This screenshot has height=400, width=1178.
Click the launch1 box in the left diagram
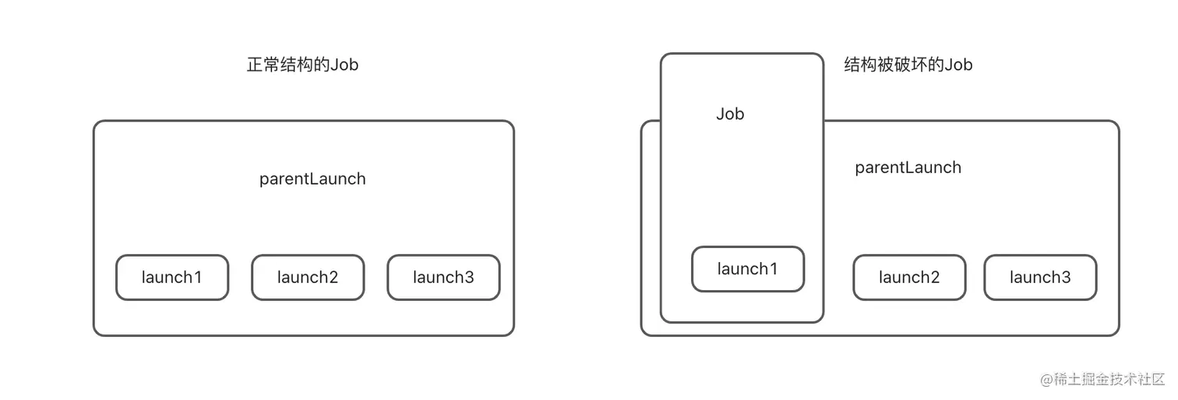point(172,277)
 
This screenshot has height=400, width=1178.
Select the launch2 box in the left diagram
point(308,277)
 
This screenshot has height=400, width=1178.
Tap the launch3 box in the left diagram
point(443,277)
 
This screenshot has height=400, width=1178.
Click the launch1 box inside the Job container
point(748,269)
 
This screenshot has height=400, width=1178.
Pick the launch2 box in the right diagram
point(909,277)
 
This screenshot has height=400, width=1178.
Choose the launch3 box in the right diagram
point(1040,277)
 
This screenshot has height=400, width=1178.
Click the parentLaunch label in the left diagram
point(312,179)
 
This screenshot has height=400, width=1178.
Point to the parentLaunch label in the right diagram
point(908,168)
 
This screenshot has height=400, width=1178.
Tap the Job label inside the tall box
point(730,114)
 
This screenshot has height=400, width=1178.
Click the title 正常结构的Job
point(302,65)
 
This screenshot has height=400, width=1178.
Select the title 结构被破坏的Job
point(908,65)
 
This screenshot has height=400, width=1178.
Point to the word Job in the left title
point(344,65)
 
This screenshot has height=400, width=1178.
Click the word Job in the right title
point(958,65)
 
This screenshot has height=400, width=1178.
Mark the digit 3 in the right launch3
point(1066,277)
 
